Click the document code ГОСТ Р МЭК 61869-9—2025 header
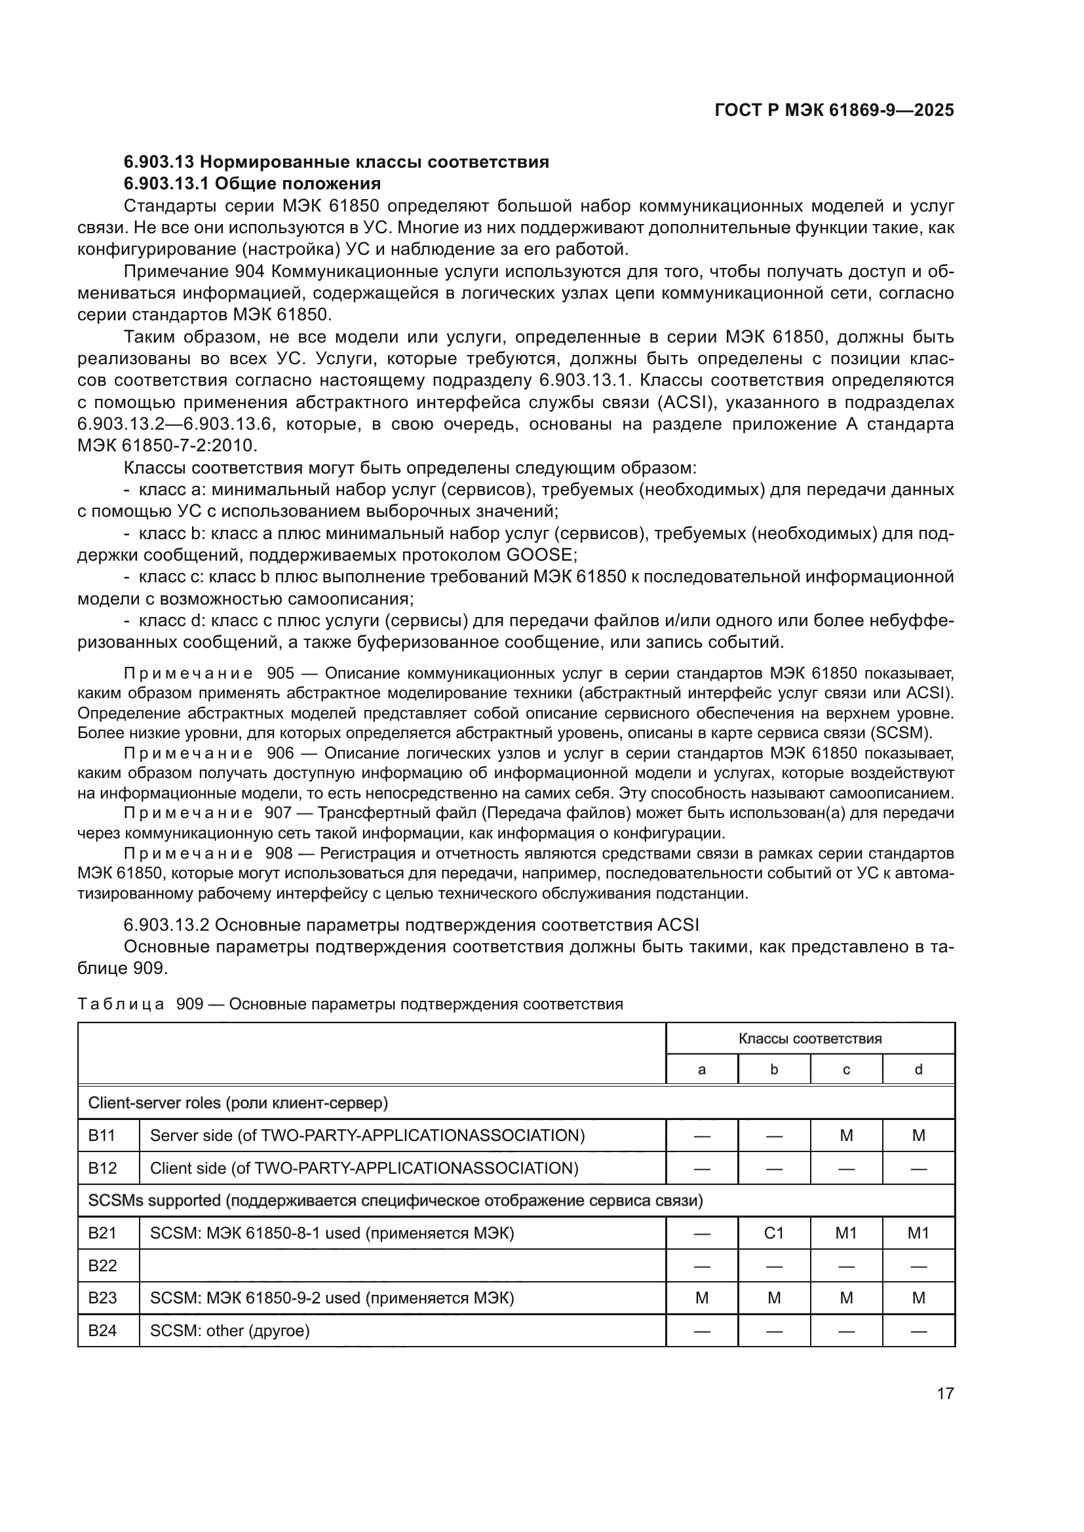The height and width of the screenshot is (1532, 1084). pos(834,110)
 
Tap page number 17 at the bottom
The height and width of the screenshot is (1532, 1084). pos(945,1393)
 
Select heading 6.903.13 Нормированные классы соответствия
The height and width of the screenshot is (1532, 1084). pos(336,162)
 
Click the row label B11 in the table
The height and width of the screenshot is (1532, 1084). pos(102,1136)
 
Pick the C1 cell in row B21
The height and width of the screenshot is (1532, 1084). pos(773,1233)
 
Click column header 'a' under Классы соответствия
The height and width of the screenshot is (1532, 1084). pos(701,1070)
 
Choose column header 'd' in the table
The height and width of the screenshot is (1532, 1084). pos(918,1070)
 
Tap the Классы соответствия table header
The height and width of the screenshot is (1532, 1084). pos(809,1038)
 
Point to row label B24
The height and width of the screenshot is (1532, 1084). pos(102,1330)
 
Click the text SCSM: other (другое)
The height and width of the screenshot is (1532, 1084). pos(229,1330)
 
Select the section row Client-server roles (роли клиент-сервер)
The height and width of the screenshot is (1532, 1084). pos(238,1103)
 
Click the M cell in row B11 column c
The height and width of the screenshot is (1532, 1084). pos(846,1136)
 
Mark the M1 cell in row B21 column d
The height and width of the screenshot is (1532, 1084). pos(918,1233)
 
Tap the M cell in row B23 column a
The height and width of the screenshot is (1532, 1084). pos(701,1298)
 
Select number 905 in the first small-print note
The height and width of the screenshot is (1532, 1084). pos(280,673)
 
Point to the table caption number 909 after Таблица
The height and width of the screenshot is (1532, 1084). pos(189,1003)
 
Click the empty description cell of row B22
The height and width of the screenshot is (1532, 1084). pos(402,1266)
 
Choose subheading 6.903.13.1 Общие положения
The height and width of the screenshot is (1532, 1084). pos(252,183)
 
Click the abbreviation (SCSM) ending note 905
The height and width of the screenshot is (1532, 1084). pos(900,733)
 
